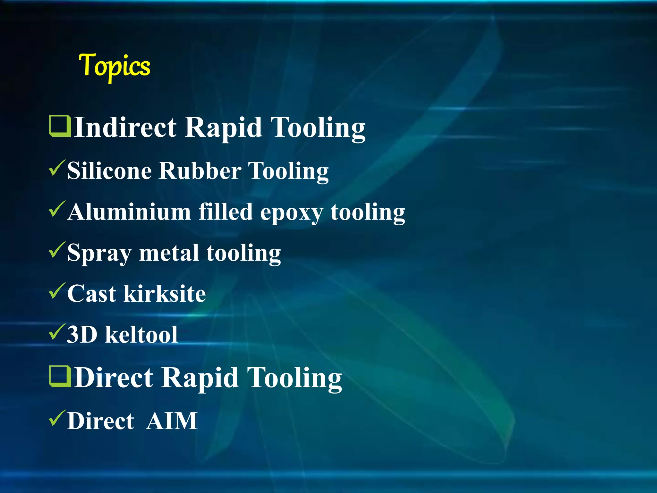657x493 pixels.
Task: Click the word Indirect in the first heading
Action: point(125,127)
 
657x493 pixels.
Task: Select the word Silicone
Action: point(109,170)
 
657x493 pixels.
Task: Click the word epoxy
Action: point(291,213)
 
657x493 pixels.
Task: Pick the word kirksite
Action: point(165,293)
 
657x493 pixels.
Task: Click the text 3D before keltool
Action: point(82,335)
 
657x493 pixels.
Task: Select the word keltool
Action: point(141,335)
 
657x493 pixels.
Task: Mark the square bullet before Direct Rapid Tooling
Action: point(60,376)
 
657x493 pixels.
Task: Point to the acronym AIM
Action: point(172,421)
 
